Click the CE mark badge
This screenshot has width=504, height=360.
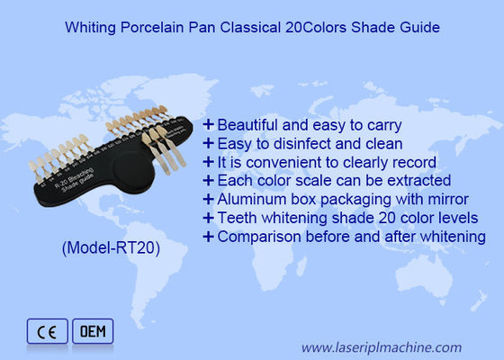point(45,332)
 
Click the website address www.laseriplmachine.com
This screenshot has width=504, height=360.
point(382,346)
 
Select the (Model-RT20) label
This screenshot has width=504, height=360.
point(110,249)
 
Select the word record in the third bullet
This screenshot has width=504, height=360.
point(414,162)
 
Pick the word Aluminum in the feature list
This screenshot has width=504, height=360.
point(249,200)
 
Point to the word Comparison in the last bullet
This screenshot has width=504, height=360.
point(258,237)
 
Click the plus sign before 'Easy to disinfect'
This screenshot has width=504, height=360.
point(209,143)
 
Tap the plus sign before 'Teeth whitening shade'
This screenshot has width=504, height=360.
point(209,218)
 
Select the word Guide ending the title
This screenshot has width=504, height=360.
point(419,28)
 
